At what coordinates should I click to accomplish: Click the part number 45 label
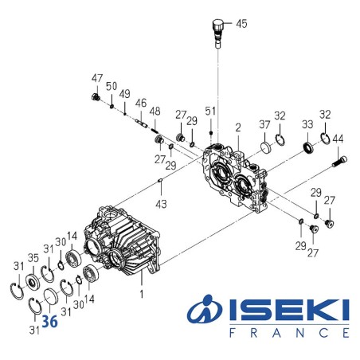click(241, 24)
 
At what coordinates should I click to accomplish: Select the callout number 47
click(96, 78)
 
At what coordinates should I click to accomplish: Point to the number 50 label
click(112, 85)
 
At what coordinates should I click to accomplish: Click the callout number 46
click(140, 103)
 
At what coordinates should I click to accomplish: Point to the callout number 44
click(337, 139)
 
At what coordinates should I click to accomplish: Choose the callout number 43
click(162, 205)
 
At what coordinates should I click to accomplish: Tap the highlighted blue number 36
click(49, 322)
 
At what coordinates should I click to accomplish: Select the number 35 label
click(33, 258)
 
